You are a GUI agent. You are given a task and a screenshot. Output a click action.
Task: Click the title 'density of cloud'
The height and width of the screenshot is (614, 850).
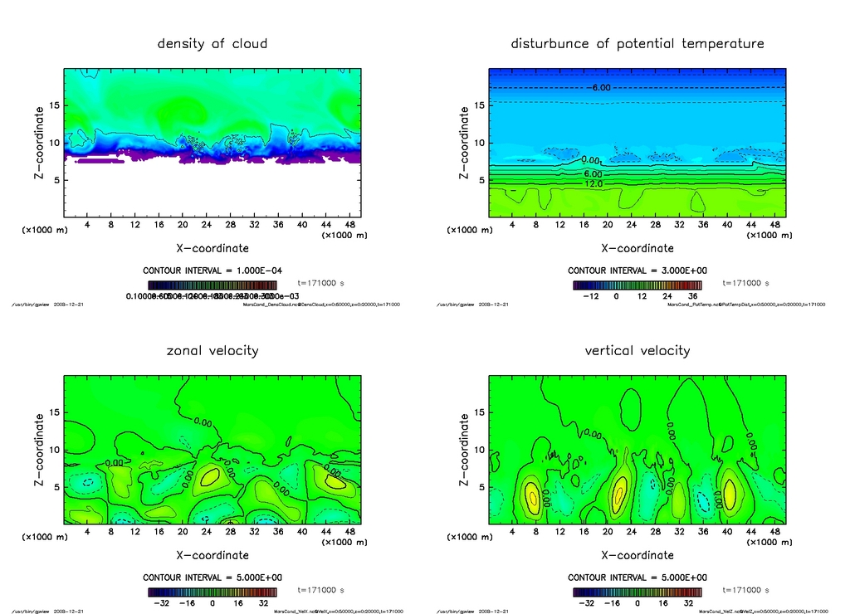coord(212,43)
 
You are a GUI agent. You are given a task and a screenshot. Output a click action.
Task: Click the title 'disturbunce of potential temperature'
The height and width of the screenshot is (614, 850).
coord(637,43)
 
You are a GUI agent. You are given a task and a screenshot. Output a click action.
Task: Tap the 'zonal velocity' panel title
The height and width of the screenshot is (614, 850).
coord(212,350)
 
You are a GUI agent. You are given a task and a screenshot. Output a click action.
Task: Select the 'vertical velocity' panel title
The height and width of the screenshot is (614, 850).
coord(637,350)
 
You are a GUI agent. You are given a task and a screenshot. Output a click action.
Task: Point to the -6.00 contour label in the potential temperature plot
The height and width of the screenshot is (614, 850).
coord(601,87)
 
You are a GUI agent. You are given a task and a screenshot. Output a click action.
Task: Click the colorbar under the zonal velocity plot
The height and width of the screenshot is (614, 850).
coord(212,592)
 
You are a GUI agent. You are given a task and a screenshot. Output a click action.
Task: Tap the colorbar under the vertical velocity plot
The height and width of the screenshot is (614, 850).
coord(637,592)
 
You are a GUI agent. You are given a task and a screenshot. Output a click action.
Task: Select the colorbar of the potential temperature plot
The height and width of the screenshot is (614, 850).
coord(637,285)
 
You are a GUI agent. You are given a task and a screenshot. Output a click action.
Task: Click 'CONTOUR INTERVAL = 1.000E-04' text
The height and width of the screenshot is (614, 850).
coord(212,270)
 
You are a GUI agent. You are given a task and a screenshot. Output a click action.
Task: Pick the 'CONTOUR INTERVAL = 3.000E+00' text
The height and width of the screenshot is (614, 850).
coord(637,270)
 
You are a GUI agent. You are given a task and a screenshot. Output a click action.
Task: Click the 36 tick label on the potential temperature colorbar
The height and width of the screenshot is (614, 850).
coord(693,296)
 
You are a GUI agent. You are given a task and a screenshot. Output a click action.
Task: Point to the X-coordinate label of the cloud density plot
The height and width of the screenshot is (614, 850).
coord(212,247)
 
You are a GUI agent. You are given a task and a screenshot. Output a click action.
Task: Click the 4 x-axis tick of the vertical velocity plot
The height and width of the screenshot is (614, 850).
coord(512,531)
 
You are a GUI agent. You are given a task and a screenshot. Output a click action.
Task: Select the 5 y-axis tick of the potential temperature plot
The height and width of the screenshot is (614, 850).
coord(481,180)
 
